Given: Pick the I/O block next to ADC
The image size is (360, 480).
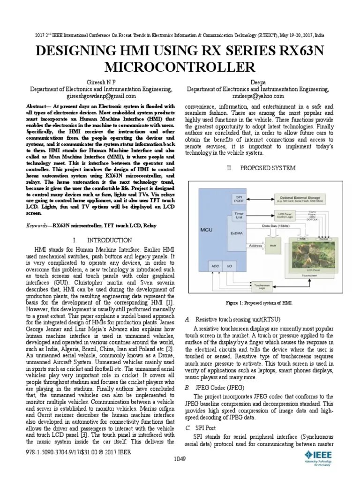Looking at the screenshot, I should (229, 265).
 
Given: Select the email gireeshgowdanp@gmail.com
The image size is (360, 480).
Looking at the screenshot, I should (101, 96).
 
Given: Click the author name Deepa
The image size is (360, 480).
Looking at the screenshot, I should (258, 81).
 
